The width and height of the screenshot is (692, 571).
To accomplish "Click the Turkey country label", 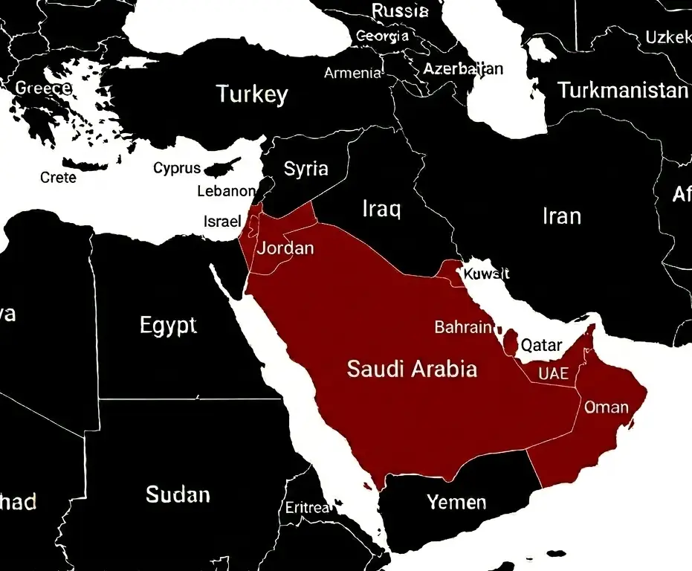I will point(251,94).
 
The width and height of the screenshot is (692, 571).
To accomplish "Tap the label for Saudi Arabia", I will point(412,369).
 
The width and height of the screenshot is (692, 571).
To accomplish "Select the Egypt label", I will point(168,325).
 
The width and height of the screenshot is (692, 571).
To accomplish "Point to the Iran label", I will point(561,216).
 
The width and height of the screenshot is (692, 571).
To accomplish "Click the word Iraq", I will point(381,209).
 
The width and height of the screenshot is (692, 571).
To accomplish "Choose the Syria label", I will point(305,169).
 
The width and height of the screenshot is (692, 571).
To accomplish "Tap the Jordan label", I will point(285,248).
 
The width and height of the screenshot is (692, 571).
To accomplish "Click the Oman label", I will point(607,407).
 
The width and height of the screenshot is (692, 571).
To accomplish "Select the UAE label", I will point(553,373).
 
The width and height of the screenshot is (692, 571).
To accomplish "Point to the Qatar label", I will point(541,345).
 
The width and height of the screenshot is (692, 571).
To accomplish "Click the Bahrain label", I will point(463,327).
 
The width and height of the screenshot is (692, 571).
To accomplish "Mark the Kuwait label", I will point(486,274).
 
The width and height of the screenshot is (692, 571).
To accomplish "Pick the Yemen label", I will point(456,503).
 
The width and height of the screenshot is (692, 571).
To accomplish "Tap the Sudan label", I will point(178,494).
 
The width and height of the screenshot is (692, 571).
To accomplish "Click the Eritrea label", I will point(307,508).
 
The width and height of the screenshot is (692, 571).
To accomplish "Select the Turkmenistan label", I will point(623,91).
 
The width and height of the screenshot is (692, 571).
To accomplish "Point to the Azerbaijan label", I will point(463,69).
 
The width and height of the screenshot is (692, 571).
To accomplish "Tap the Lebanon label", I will point(226,191).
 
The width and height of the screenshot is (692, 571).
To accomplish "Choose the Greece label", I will point(43,88).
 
